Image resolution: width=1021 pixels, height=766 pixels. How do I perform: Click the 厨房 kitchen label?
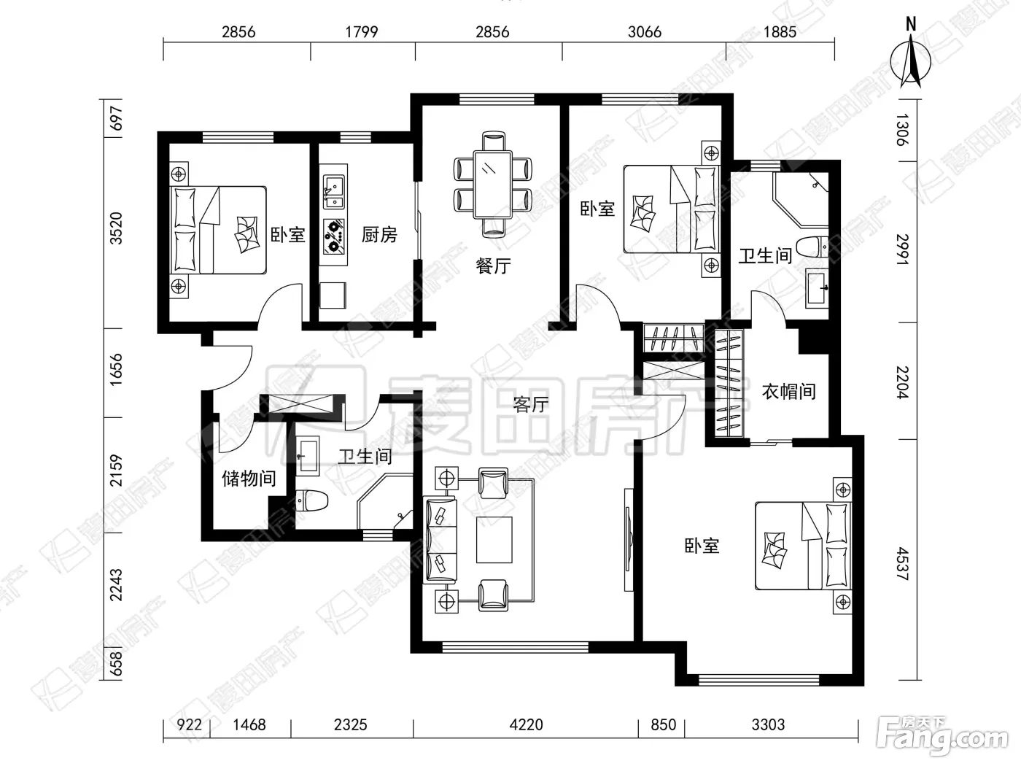(379, 235)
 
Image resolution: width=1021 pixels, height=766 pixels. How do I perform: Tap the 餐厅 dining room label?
(493, 266)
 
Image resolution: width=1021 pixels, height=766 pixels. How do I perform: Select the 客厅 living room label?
(531, 404)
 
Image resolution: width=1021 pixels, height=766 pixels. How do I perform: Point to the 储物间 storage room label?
(249, 478)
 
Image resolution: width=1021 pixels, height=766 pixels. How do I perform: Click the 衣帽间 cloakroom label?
(788, 392)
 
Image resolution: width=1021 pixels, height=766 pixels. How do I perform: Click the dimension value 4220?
(526, 724)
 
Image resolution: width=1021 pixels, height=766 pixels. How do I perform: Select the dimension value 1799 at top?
(362, 32)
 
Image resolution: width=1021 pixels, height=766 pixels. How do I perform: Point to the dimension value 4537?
(902, 564)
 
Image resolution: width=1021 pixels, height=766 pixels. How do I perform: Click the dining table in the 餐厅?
(492, 184)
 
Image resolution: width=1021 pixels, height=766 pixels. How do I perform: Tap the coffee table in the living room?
(494, 540)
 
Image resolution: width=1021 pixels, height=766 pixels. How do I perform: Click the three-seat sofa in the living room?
(440, 541)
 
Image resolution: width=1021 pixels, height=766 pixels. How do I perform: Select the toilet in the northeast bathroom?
(812, 247)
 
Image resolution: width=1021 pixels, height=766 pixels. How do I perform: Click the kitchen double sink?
(334, 192)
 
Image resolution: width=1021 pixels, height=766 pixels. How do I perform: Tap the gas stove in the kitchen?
(334, 237)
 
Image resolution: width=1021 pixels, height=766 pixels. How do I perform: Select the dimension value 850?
(664, 724)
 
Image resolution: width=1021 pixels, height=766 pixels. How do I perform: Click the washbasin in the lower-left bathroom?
(308, 455)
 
